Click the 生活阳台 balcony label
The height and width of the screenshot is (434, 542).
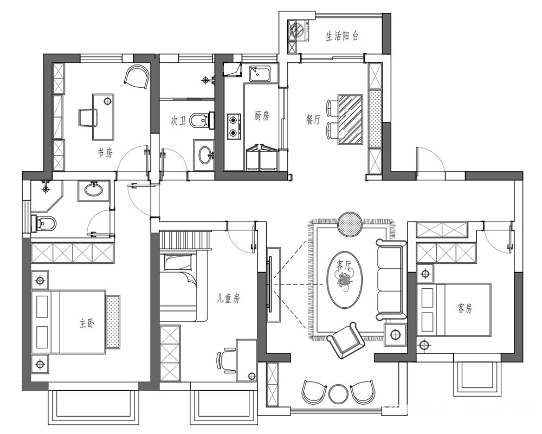[x=342, y=36]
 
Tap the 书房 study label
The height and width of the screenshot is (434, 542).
[x=105, y=152]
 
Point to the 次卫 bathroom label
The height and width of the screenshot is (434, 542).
[x=178, y=121]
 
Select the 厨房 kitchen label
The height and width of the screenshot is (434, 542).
[x=261, y=116]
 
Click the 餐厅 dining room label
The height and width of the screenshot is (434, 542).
[x=313, y=120]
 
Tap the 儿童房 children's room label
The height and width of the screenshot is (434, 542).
[x=228, y=298]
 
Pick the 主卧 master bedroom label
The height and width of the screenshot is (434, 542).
[x=86, y=323]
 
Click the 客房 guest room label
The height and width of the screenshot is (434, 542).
[x=464, y=308]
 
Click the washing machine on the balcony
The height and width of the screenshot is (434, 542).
[x=298, y=30]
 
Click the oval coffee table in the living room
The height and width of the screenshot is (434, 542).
[x=345, y=279]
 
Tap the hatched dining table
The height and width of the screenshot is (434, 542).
[x=350, y=119]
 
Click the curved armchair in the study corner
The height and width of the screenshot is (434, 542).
[x=137, y=77]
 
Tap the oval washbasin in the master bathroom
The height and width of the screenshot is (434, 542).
[x=93, y=190]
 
